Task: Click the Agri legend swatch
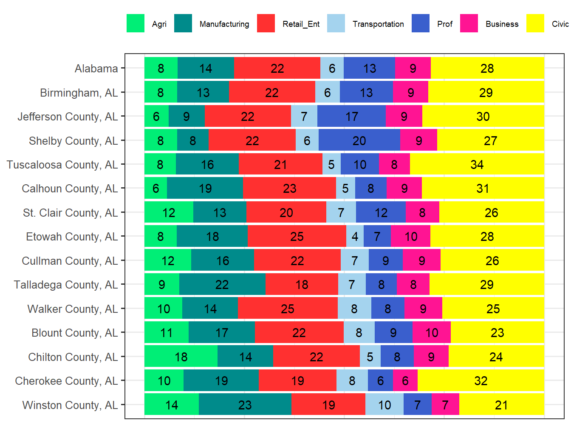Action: point(135,23)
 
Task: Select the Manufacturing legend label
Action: point(224,24)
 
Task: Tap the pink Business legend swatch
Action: point(469,23)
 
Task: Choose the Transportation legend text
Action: point(378,24)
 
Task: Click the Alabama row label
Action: point(96,69)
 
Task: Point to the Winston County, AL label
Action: point(70,405)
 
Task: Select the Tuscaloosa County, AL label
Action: point(62,165)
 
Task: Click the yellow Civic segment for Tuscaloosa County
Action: point(477,164)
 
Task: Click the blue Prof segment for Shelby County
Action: point(359,140)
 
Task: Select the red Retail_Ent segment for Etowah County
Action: point(297,236)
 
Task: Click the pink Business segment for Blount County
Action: point(431,332)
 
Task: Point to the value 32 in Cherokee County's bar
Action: point(481,380)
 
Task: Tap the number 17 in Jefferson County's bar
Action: point(351,117)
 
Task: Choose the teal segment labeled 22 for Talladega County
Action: point(222,284)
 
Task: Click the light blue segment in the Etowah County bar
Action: point(355,236)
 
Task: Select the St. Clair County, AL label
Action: point(70,212)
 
